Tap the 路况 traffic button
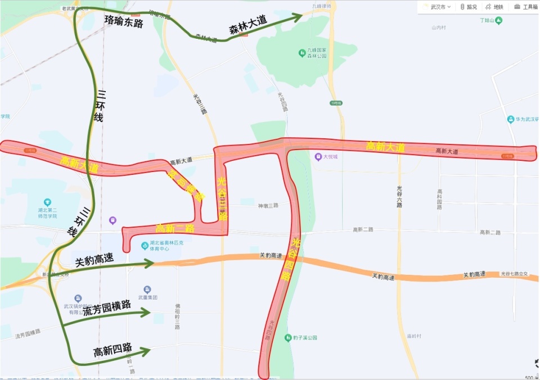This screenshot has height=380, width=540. point(468,7)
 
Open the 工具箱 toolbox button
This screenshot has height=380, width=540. point(526,7)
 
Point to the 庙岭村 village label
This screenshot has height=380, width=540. point(414,336)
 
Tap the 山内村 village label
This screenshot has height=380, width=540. point(439,27)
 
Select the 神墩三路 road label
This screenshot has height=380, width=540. point(268,206)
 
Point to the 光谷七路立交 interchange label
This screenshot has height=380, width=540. point(515,274)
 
